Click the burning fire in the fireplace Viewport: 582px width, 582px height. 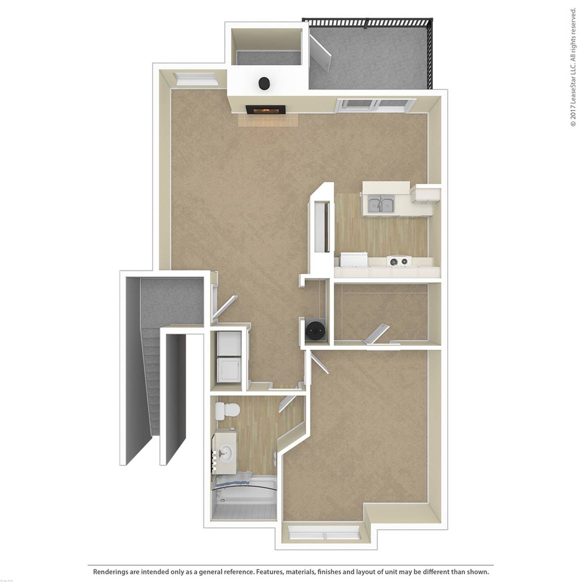click(x=265, y=110)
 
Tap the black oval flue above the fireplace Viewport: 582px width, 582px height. click(x=264, y=83)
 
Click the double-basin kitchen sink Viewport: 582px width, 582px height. click(x=381, y=205)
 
